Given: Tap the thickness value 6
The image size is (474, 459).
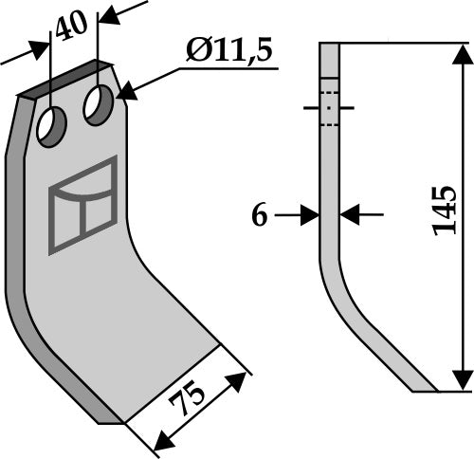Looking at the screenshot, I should click(259, 215).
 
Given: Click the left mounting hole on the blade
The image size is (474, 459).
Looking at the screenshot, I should click(51, 126).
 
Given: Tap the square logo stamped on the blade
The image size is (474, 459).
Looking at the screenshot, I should click(82, 204).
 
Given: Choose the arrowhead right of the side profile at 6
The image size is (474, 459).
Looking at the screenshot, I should click(348, 215).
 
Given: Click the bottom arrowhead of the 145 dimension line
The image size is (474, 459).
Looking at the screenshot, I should click(463, 381).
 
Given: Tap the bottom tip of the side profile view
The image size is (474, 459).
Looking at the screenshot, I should click(422, 388).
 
